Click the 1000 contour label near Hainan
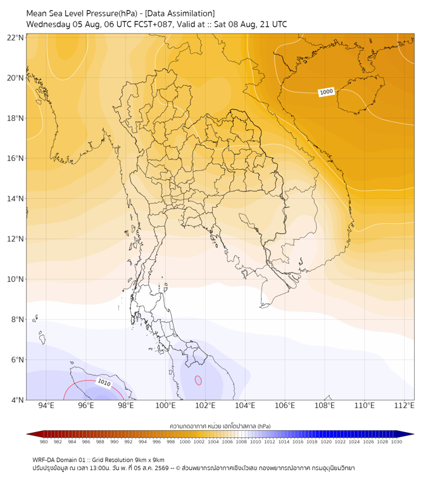click(326, 92)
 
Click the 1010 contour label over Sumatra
click(104, 382)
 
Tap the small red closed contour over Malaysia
click(198, 380)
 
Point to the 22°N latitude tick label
click(15, 37)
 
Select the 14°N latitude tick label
click(15, 198)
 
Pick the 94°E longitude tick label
click(46, 406)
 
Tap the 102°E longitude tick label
click(205, 406)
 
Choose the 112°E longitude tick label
click(405, 406)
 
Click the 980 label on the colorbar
click(44, 442)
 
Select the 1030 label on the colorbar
click(396, 442)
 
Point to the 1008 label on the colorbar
click(241, 442)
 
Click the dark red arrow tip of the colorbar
click(27, 434)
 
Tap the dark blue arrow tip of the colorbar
click(413, 434)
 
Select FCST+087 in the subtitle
click(154, 25)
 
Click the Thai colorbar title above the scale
click(220, 426)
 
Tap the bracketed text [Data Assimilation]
click(180, 14)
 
